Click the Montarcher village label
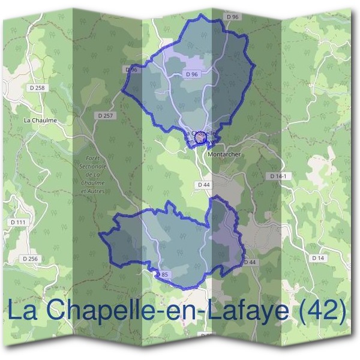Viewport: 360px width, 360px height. point(224,154)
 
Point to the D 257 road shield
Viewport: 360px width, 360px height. point(104,115)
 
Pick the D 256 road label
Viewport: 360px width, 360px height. point(29,259)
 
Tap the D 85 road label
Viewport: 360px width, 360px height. point(166,274)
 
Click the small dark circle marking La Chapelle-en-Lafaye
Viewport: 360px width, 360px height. point(201,139)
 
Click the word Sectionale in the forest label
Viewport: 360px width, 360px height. point(92,166)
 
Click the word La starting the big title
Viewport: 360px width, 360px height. point(25,311)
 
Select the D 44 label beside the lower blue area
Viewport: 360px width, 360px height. point(250,262)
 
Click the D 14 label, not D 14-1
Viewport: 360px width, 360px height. point(318,257)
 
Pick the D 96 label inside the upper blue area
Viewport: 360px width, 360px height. point(192,74)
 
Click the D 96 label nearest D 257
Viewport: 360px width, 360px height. point(132,70)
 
